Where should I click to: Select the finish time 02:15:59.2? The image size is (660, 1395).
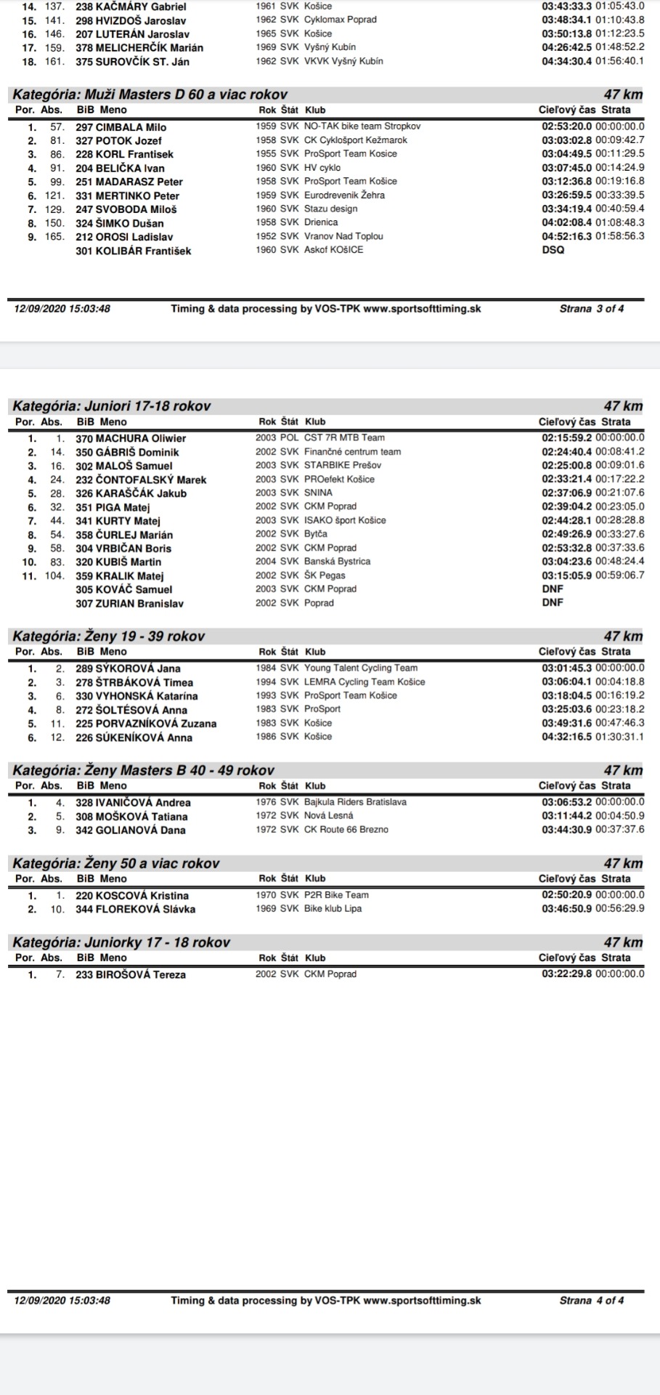tap(567, 438)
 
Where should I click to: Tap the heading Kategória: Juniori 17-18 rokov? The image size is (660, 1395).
tap(112, 405)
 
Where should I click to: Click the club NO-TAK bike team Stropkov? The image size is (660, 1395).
tap(362, 126)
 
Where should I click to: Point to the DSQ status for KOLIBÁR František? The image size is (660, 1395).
tap(553, 250)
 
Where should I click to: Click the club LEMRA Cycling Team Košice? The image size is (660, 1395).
tap(364, 682)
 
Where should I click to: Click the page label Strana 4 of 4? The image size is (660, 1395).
tap(591, 1301)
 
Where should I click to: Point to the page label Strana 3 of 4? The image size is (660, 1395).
tap(591, 309)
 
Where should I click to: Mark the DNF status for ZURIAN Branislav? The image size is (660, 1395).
tap(553, 602)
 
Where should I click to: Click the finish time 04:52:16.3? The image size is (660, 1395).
tap(567, 236)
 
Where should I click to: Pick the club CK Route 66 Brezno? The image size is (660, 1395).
tap(346, 830)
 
